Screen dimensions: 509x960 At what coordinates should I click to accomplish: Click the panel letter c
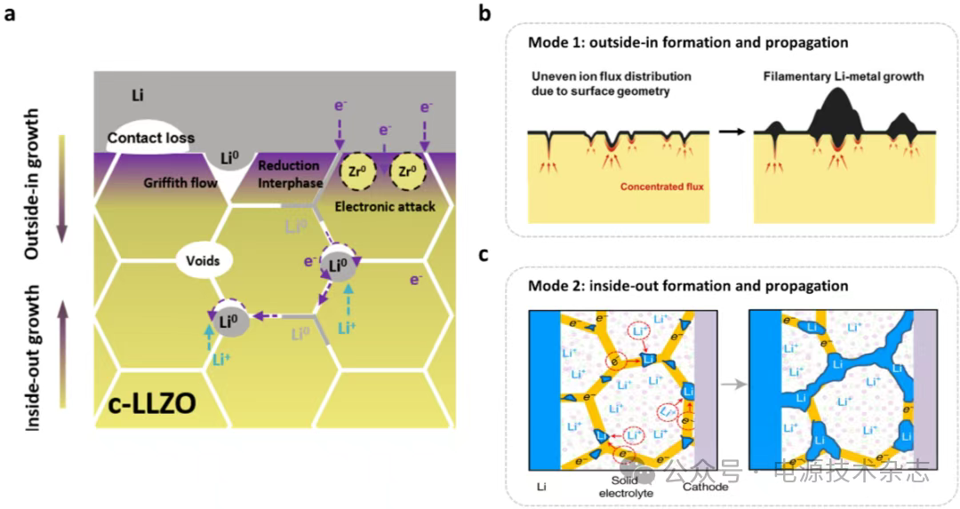(484, 256)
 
